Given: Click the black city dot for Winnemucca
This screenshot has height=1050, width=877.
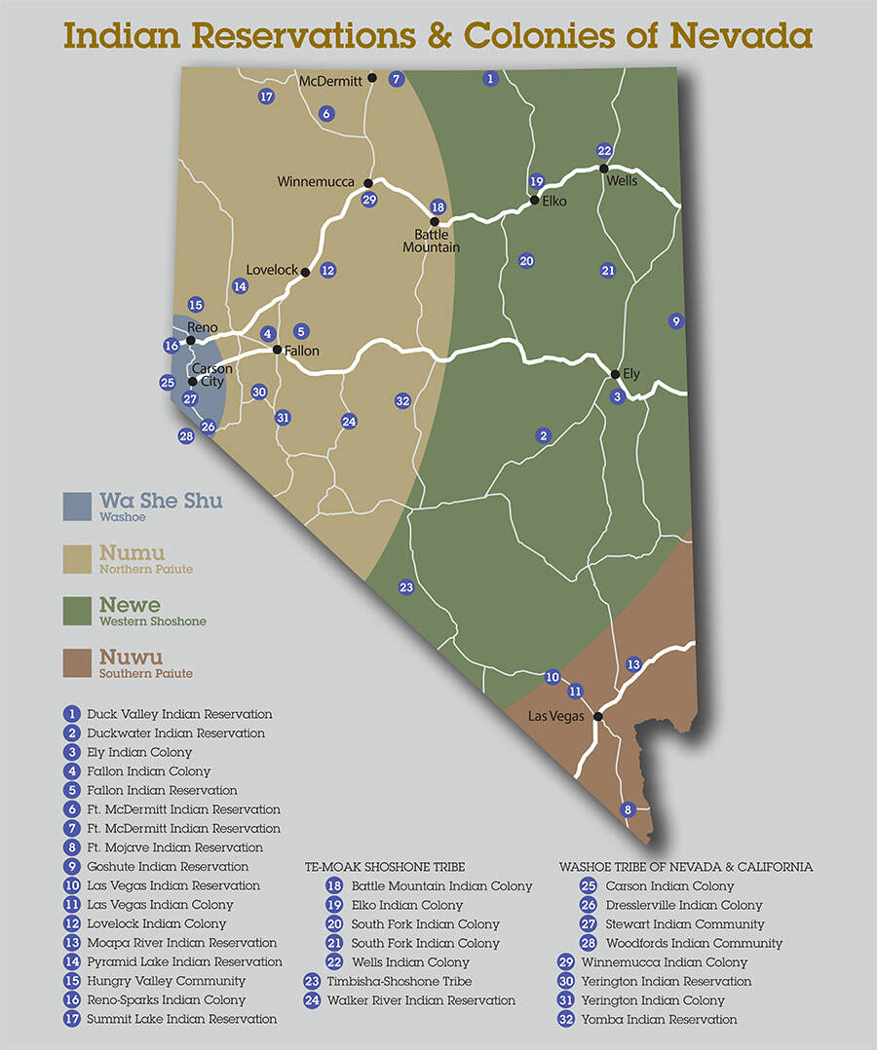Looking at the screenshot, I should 368,183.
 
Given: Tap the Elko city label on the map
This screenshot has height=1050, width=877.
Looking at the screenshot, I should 553,202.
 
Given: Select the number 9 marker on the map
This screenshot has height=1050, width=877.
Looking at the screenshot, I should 676,320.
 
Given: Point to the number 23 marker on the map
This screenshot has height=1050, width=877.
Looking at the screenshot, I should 406,586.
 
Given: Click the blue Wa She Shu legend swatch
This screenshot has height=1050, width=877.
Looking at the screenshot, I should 77,506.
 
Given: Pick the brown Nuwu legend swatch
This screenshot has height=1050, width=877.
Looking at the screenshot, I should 77,663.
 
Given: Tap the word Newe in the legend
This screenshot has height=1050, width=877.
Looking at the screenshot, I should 130,605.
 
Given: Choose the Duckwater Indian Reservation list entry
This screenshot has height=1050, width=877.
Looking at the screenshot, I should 175,732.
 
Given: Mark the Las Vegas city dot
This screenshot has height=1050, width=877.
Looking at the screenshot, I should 598,717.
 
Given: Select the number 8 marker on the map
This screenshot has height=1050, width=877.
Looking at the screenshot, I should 628,809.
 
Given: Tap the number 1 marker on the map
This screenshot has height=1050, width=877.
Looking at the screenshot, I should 490,78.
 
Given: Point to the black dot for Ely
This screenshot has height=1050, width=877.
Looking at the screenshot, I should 615,374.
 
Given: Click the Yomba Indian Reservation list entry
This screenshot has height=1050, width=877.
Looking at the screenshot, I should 670,1019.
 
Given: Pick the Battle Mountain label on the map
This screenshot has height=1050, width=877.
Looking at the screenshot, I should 431,241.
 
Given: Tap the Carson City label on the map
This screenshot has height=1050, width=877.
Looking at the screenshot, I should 210,375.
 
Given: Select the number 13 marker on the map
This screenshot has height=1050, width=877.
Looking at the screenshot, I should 633,664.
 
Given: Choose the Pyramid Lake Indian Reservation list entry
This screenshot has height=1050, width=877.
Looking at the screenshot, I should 184,961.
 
